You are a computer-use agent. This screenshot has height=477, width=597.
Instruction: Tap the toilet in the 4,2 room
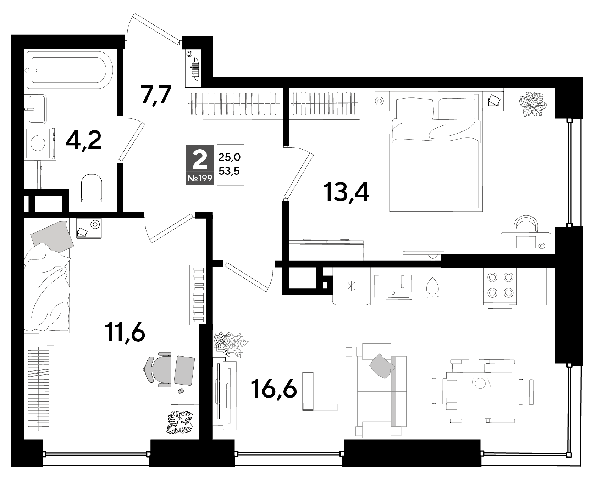92,188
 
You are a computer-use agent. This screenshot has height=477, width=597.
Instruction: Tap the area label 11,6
125,333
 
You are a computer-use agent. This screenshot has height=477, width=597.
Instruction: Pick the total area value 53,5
230,172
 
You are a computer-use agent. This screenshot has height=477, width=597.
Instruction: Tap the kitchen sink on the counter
399,286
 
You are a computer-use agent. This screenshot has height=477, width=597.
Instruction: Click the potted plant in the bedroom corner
533,104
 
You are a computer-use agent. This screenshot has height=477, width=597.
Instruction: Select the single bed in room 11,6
47,276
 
